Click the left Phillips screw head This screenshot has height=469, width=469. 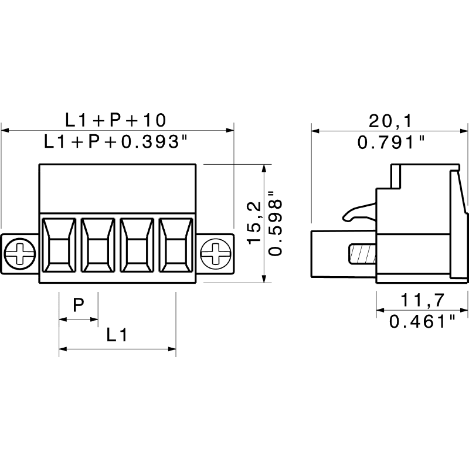(20, 254)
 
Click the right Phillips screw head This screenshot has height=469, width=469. (215, 254)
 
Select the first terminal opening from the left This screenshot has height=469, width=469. (59, 245)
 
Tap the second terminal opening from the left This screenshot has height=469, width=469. (98, 245)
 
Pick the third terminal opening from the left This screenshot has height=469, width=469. (137, 245)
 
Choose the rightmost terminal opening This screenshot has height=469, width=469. (176, 245)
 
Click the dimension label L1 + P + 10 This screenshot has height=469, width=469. (115, 120)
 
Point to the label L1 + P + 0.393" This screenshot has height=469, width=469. (115, 141)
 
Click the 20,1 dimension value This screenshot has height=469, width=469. (390, 121)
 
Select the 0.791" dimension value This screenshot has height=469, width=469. (391, 142)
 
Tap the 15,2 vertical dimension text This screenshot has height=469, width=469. (254, 223)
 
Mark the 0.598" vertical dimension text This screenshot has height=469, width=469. (275, 223)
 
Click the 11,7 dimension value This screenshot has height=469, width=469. (422, 300)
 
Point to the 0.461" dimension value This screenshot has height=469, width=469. (422, 321)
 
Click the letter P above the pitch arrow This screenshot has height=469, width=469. (79, 305)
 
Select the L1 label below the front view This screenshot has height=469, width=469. (117, 335)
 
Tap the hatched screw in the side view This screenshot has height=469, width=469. (362, 254)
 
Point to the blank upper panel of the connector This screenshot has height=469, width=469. (118, 188)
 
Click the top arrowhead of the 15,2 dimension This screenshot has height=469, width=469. (264, 168)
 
